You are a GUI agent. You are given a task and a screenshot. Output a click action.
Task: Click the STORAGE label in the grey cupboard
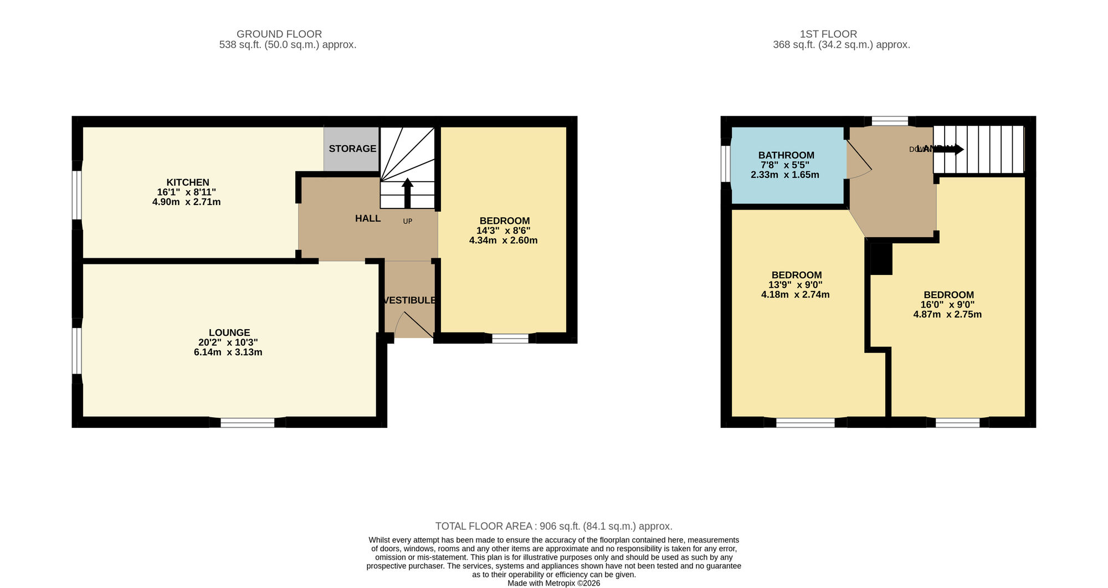[x=352, y=149]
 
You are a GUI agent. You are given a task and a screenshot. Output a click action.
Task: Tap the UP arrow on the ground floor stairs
[x=407, y=192]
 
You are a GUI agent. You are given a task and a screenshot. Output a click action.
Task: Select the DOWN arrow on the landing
[x=950, y=149]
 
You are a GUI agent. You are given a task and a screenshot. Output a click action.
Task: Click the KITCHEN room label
[x=188, y=182]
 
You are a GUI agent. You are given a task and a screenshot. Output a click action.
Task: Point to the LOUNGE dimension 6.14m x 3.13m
[x=228, y=352]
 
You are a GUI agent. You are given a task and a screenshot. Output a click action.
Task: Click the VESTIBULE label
[x=409, y=300]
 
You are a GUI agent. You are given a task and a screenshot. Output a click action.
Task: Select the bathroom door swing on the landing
[x=859, y=161]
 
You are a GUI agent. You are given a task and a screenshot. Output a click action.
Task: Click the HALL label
[x=368, y=218]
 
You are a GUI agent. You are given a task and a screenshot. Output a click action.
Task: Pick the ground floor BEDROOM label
[x=504, y=221]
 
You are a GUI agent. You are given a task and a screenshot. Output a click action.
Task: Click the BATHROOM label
[x=786, y=155]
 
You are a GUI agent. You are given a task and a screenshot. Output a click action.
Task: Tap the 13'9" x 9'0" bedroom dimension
[x=795, y=285]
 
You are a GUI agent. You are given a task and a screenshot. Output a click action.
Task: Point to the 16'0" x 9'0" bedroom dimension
[x=947, y=305]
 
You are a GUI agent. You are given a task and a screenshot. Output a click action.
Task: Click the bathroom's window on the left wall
[x=726, y=163]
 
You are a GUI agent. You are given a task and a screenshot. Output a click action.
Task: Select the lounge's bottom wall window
[x=247, y=423]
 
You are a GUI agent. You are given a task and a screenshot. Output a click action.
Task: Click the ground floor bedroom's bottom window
[x=510, y=338]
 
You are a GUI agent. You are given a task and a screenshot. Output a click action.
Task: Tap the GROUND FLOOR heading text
[x=279, y=34]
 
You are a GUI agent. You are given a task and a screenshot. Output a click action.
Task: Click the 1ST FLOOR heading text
[x=828, y=34]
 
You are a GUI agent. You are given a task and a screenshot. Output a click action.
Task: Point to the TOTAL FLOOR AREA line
[x=553, y=526]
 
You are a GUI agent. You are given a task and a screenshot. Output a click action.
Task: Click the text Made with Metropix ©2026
[x=553, y=583]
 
